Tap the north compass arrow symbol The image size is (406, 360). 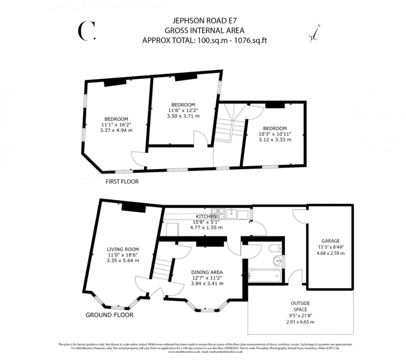pos(314,34)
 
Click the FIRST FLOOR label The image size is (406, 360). pos(122,181)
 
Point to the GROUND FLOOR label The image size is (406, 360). pos(109,315)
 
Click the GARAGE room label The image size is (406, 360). pos(330,241)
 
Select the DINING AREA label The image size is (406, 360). pos(207,272)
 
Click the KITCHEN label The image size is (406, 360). pos(206,216)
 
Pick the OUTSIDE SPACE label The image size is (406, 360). pos(300,307)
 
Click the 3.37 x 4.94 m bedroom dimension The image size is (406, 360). pos(116,130)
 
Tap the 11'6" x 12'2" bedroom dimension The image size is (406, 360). pos(183,110)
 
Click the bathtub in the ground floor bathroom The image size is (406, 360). pos(265,275)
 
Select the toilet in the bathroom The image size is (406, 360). pos(274,248)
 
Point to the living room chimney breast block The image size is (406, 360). pos(133,209)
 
